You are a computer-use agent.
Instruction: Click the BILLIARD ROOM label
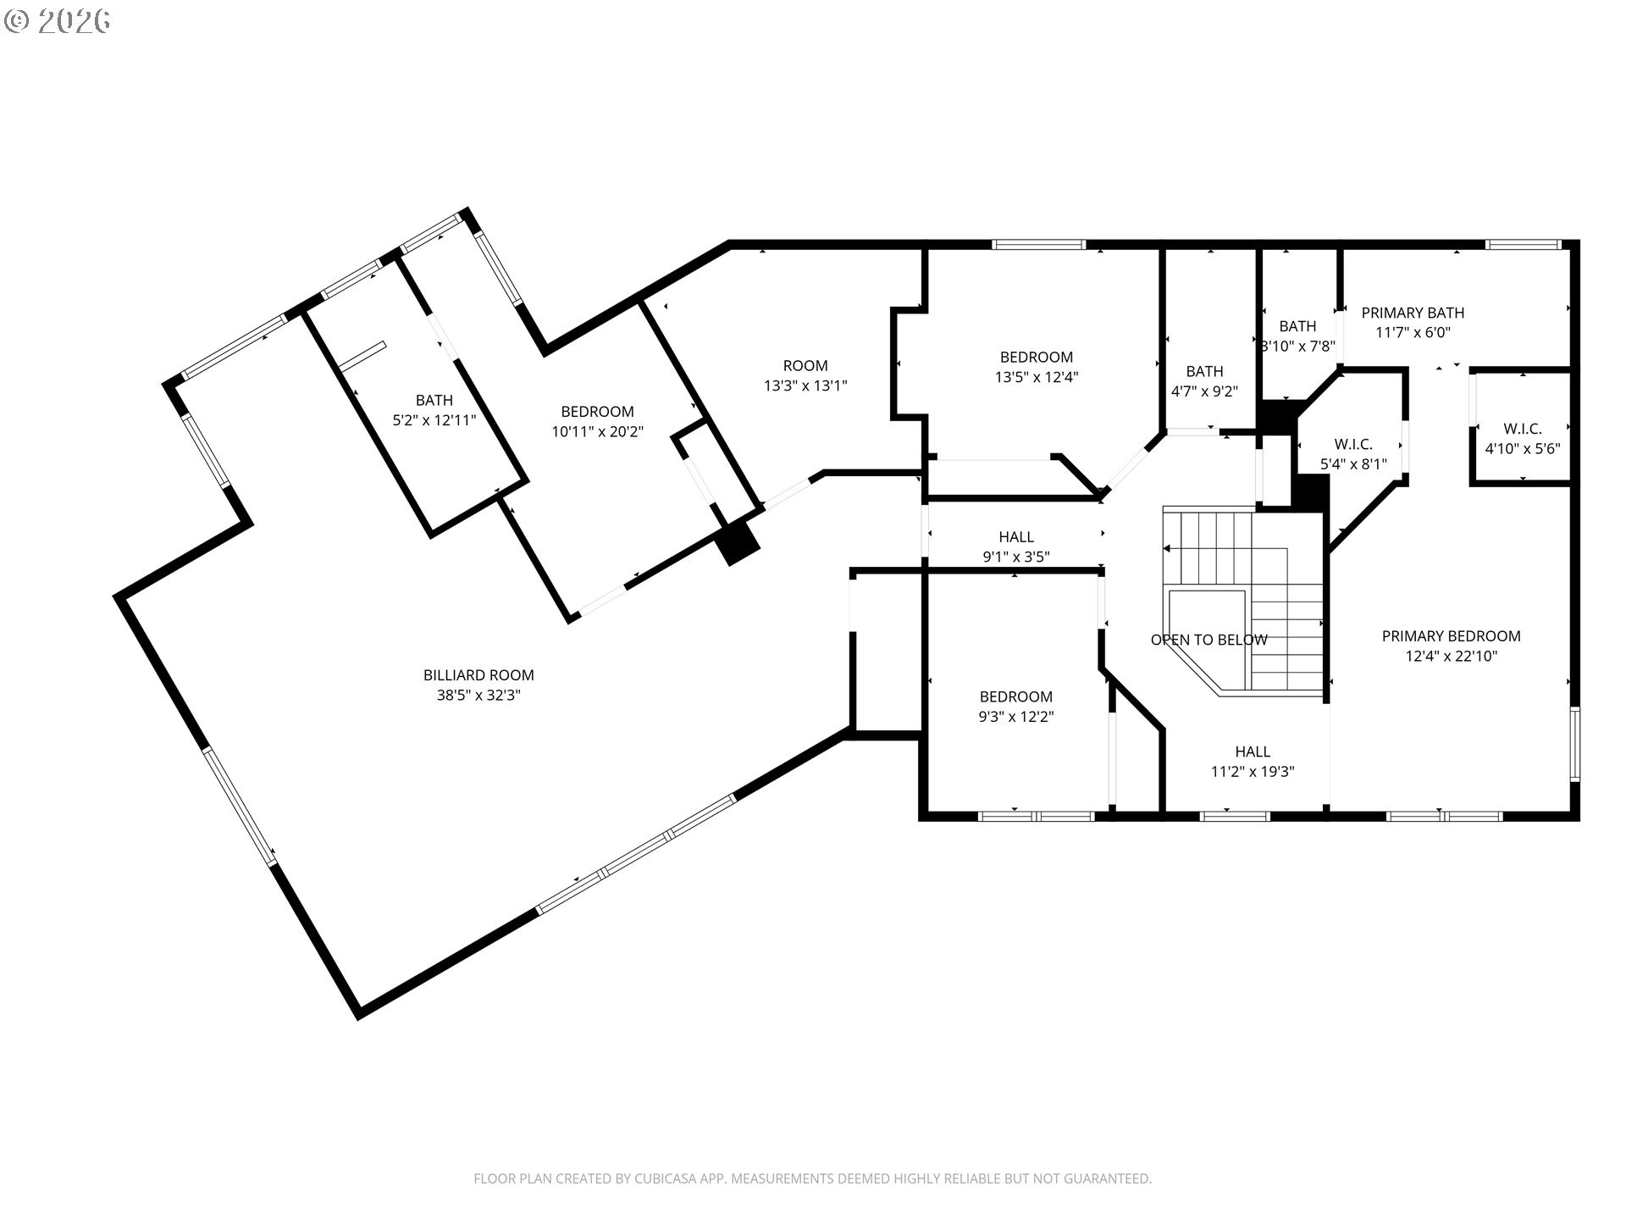[478, 675]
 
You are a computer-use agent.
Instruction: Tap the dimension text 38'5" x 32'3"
[478, 696]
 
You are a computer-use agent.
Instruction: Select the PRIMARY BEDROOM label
[1451, 636]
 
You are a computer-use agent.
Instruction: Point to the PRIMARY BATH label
[1413, 313]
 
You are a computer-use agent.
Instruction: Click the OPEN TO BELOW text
[1208, 640]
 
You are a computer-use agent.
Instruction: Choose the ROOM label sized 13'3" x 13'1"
[805, 366]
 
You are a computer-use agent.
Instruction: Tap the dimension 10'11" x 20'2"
[598, 432]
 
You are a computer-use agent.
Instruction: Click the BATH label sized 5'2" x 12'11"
[434, 400]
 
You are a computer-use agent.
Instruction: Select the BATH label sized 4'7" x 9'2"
[1204, 371]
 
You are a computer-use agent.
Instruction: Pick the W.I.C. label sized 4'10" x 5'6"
[1523, 429]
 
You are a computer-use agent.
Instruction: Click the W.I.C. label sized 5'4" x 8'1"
[1353, 444]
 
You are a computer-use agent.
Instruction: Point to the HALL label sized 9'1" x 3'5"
[1016, 536]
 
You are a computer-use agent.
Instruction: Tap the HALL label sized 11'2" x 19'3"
[1253, 751]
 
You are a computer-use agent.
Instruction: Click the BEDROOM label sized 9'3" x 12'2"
[1016, 696]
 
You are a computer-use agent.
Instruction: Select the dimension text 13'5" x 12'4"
[1037, 378]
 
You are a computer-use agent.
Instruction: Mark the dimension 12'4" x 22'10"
[1452, 656]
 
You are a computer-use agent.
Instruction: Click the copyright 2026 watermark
[58, 21]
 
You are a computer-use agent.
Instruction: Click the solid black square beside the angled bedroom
[738, 541]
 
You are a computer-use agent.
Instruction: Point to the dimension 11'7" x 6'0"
[1413, 333]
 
